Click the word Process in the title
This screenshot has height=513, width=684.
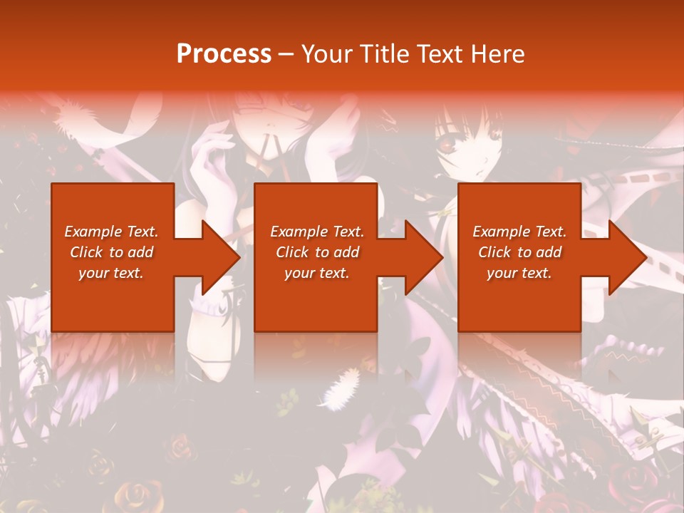224,53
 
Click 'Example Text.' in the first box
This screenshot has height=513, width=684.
112,232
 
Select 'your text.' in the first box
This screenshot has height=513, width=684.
112,273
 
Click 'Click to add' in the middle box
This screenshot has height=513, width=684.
317,252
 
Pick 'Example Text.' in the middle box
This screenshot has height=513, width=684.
317,232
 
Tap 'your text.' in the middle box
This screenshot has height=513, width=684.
317,273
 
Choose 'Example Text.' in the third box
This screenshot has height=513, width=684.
519,232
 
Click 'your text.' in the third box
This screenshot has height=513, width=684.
519,273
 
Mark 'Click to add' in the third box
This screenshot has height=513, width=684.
519,252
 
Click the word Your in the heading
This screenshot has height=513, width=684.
326,53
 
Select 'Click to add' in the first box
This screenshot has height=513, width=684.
112,252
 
